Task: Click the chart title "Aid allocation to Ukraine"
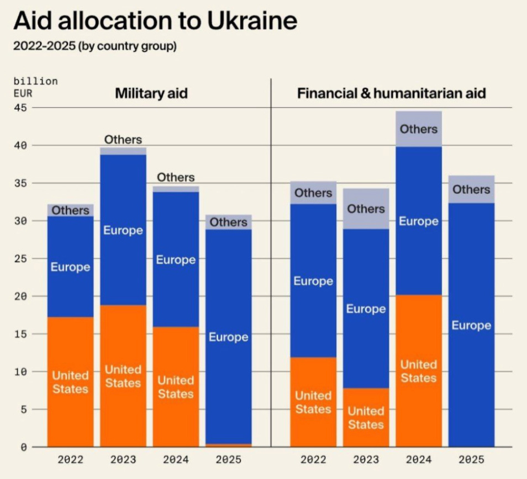155,21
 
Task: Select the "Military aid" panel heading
151,93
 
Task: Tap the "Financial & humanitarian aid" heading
391,93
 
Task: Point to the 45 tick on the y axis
20,108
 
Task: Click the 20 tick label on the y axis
20,296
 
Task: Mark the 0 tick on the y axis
23,447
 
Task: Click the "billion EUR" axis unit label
35,87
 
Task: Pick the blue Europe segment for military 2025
228,337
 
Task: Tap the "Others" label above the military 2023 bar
123,140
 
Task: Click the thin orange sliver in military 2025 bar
228,445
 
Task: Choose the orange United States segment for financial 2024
418,371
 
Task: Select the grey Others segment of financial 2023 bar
366,209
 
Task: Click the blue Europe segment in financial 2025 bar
471,326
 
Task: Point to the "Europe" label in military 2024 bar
176,259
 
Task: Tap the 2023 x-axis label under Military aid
123,459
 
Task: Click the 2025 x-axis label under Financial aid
471,459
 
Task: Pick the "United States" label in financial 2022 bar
313,402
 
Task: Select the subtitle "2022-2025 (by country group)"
94,46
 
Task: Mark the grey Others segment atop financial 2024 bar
418,129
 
